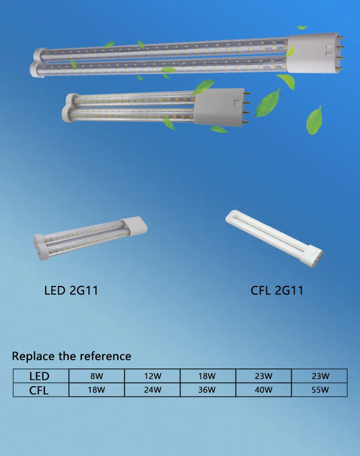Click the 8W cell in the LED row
[x=96, y=376]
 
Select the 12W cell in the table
[x=152, y=376]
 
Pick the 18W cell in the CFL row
[x=96, y=390]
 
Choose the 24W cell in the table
[x=152, y=390]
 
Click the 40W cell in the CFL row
[x=264, y=390]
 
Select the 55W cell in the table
[x=319, y=390]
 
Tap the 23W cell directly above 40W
[x=264, y=376]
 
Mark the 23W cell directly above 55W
[x=319, y=376]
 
